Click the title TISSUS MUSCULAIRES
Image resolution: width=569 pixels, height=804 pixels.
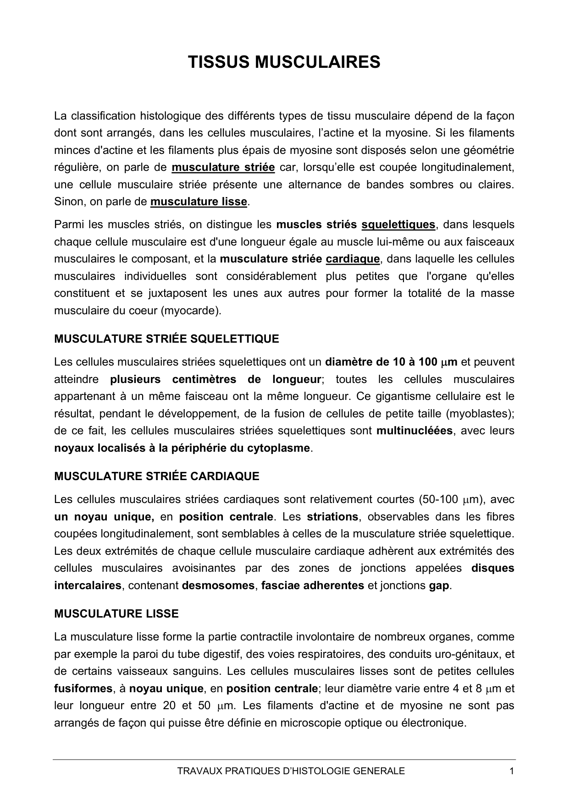284,62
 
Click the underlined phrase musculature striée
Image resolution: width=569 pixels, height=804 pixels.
223,167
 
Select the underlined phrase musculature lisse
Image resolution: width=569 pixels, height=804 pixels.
199,202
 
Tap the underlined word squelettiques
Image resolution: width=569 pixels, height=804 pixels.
398,224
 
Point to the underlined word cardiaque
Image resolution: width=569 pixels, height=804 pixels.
353,259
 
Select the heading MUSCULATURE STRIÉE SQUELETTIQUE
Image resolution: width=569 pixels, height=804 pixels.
166,339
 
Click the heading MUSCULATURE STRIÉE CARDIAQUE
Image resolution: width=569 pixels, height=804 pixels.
157,476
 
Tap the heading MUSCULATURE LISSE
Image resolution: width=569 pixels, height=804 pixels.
116,614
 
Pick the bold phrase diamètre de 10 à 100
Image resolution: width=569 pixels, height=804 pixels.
381,362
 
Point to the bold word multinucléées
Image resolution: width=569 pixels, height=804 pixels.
414,431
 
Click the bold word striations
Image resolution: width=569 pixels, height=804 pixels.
332,517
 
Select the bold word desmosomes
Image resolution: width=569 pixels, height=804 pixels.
218,585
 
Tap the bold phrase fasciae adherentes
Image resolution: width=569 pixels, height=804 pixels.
313,585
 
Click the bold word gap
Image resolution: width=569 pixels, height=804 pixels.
439,585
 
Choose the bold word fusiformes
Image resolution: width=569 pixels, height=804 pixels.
83,689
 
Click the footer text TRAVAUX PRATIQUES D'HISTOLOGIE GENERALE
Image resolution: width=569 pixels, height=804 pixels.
291,771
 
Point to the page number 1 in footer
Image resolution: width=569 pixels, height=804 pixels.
511,771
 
